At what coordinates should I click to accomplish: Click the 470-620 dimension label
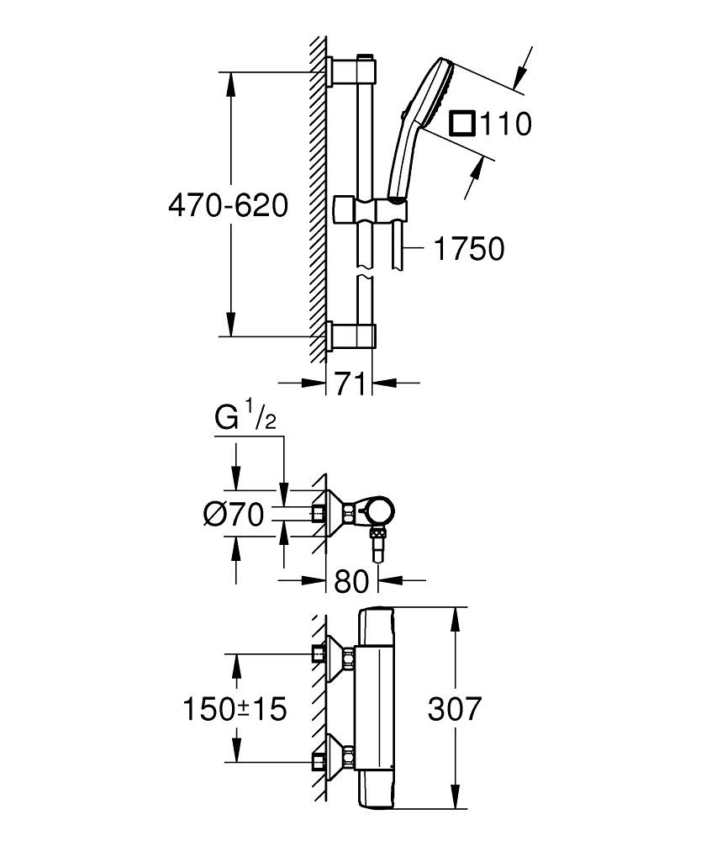tap(228, 205)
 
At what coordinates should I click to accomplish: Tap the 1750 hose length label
tap(469, 249)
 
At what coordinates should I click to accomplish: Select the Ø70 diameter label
tap(234, 513)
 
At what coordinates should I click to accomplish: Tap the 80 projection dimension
tap(351, 579)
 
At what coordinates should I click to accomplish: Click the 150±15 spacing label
tap(235, 709)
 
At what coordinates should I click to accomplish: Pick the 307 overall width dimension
tap(455, 709)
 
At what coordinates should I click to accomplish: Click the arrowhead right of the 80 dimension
tap(387, 579)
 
